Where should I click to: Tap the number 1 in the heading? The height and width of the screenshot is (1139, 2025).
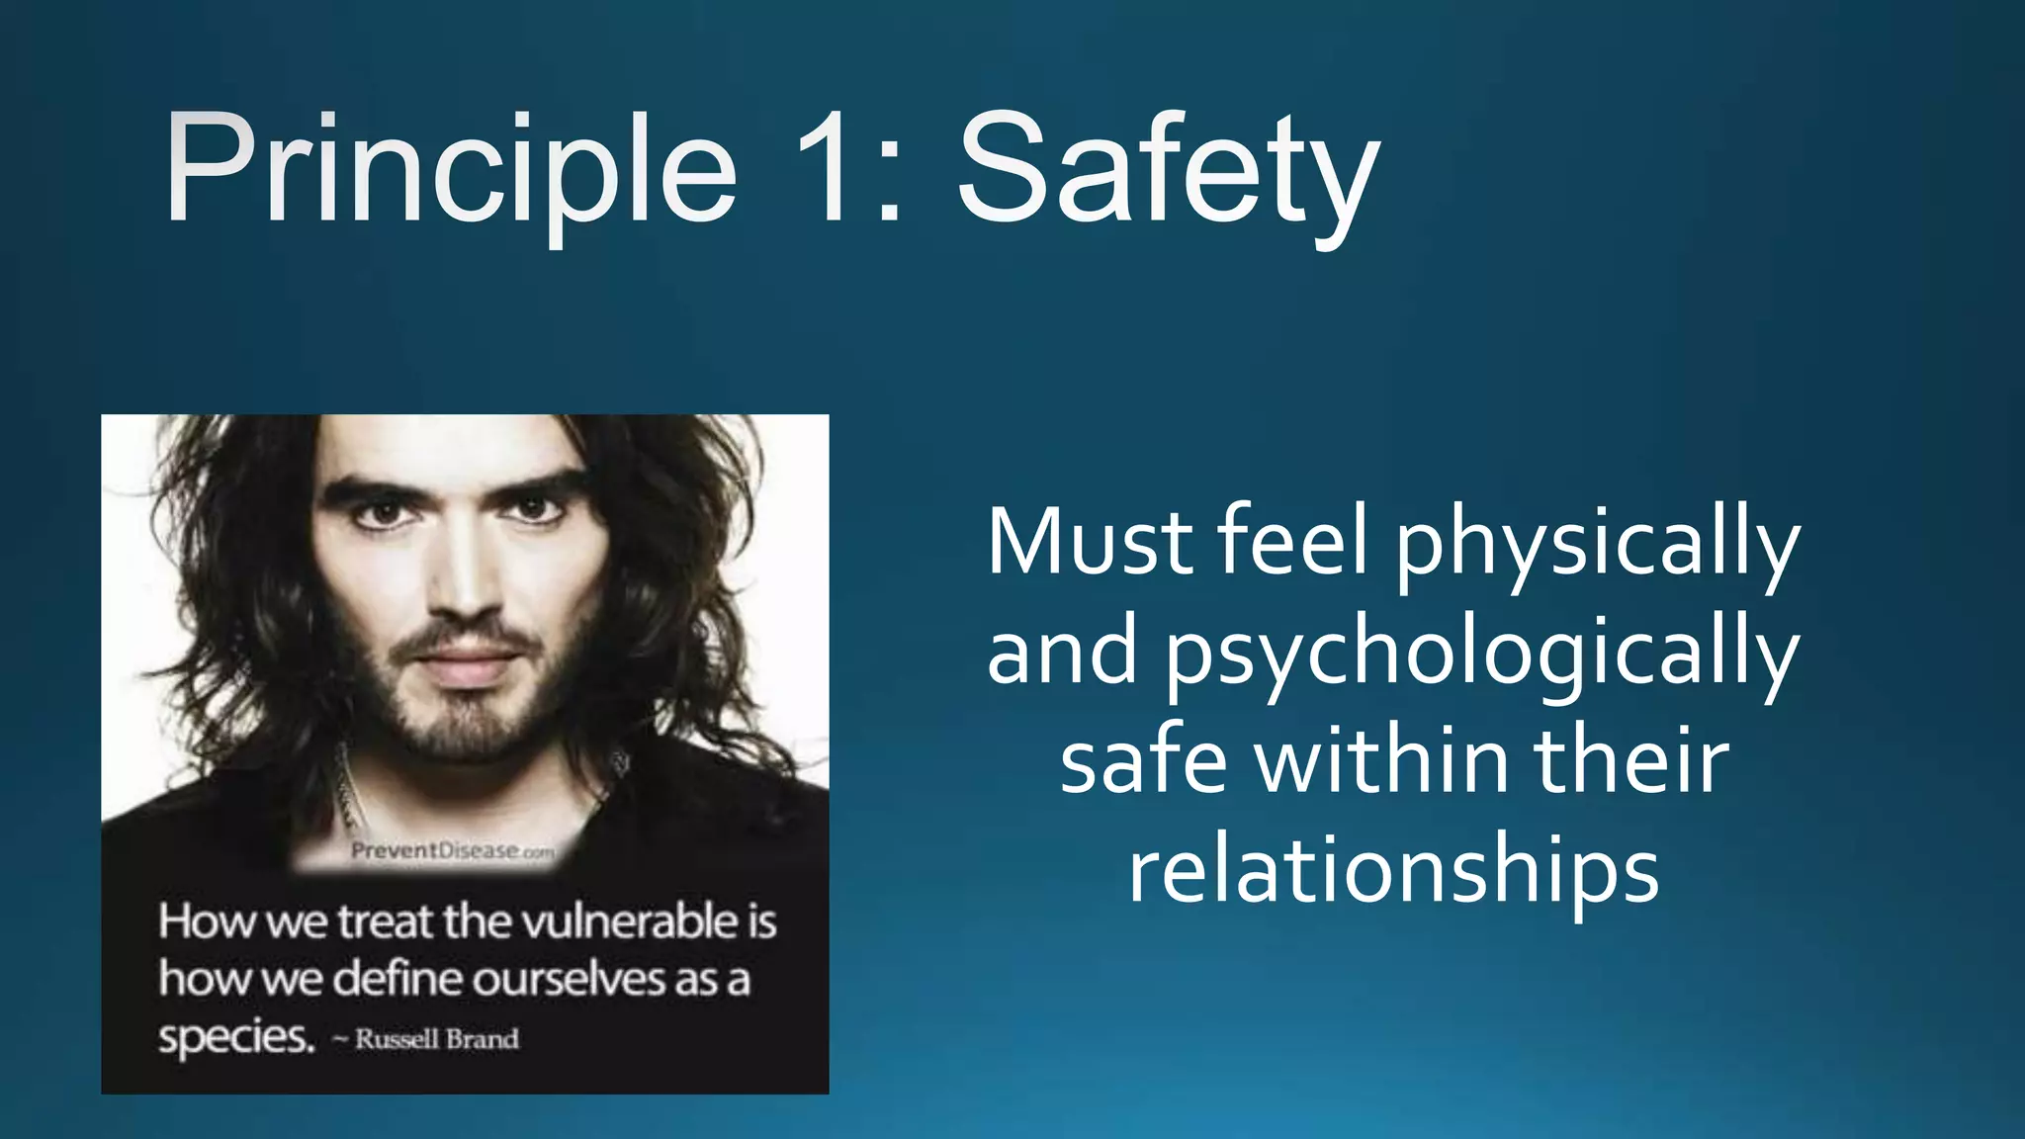(823, 168)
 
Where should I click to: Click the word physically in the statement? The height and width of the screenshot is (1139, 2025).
(1597, 544)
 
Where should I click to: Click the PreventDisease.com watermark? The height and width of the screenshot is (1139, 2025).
(453, 851)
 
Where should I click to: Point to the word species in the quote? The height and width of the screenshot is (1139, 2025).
(235, 1037)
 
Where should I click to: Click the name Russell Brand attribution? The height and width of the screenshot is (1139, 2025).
(436, 1039)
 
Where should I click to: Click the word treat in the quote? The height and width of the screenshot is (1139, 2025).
(386, 921)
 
